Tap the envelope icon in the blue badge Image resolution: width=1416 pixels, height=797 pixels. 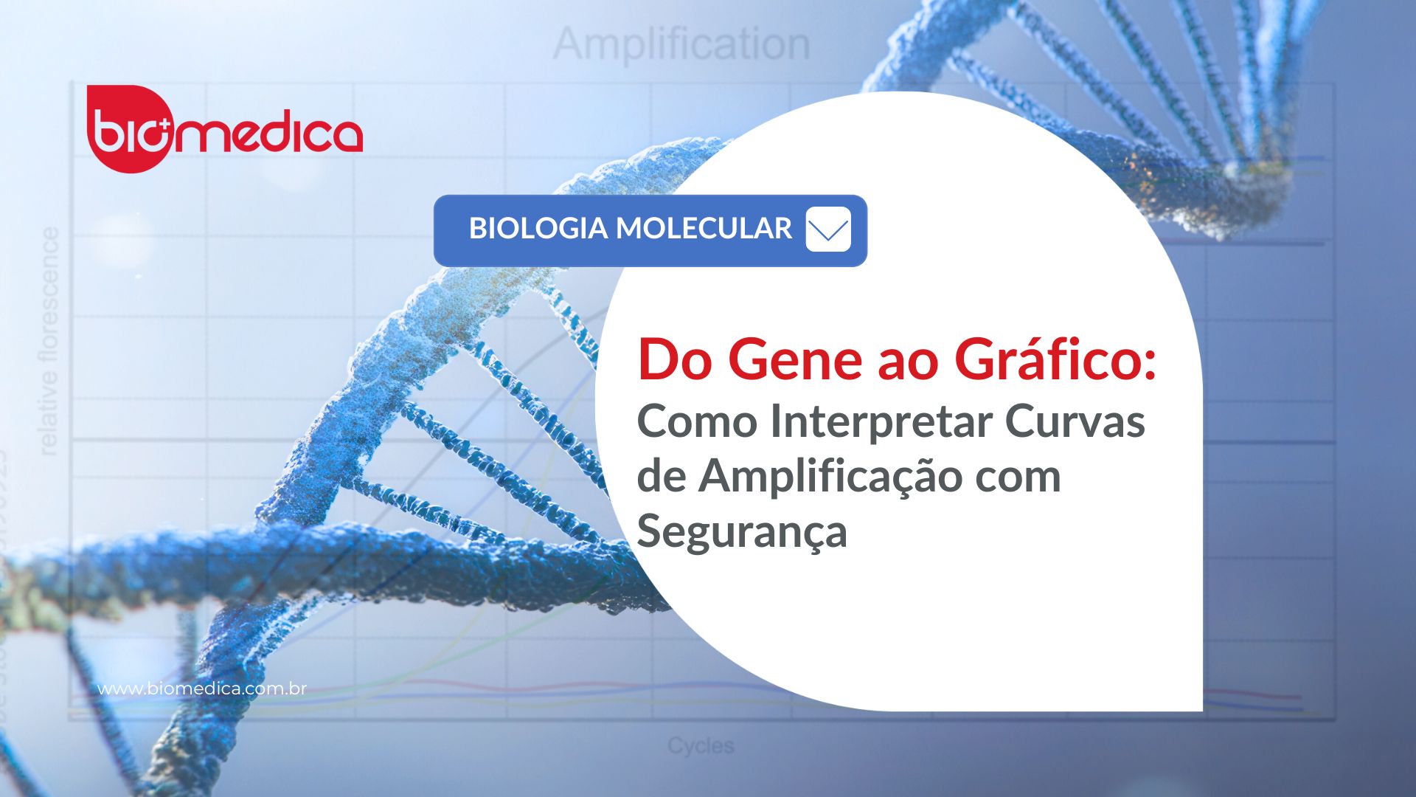[827, 230]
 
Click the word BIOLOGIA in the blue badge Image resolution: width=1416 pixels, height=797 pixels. [538, 229]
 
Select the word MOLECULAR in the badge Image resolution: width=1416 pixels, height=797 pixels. [704, 229]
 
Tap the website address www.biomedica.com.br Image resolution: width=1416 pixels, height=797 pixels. [202, 689]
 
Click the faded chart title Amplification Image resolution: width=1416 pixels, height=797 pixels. [681, 44]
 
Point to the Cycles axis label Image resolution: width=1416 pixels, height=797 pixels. [701, 746]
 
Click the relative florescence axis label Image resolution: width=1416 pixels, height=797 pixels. [49, 341]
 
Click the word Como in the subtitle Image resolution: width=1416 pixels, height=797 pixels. [697, 422]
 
